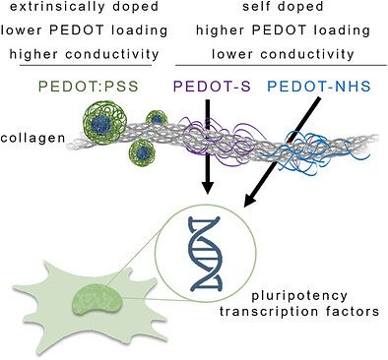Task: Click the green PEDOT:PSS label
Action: point(89,87)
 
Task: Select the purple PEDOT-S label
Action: point(212,87)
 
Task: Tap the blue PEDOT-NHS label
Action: point(319,87)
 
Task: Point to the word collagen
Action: point(32,138)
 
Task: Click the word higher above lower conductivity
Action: point(220,30)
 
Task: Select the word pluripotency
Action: point(299,296)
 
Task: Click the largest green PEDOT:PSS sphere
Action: point(104,122)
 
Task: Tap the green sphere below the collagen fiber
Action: point(142,152)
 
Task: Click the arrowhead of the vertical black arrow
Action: point(208,187)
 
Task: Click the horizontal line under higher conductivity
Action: point(86,65)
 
